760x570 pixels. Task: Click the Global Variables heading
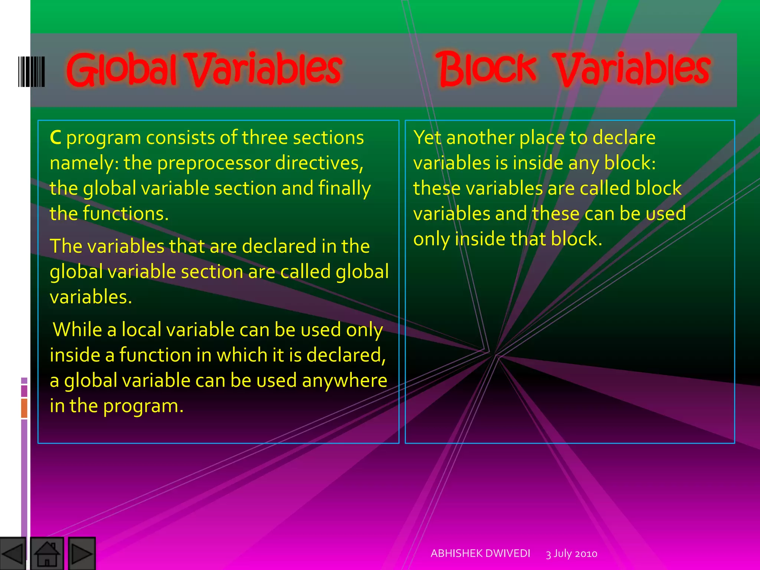[204, 69]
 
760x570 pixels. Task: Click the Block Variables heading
[573, 69]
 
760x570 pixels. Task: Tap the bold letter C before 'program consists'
[55, 137]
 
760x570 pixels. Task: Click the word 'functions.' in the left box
[125, 214]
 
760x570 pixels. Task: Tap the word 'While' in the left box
[77, 330]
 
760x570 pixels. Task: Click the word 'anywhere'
[344, 381]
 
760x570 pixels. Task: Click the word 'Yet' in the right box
[427, 138]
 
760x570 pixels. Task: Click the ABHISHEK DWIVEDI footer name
[480, 553]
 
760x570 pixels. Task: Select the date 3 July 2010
[571, 554]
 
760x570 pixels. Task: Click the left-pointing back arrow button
[13, 554]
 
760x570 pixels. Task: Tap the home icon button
[47, 554]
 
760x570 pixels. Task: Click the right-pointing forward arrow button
[82, 554]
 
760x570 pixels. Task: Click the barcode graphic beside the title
[32, 72]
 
